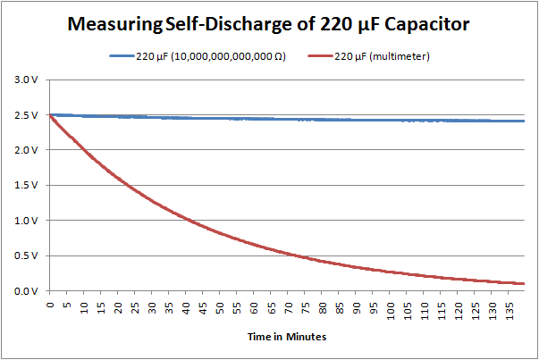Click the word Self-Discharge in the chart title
[x=223, y=26]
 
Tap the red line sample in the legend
[x=319, y=56]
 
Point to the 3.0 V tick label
[x=27, y=80]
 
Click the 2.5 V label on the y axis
[x=27, y=115]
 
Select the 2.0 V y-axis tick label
[x=27, y=150]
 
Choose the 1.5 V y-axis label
[x=27, y=186]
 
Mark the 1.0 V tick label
[x=27, y=221]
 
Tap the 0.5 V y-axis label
[x=27, y=255]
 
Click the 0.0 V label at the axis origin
[x=27, y=291]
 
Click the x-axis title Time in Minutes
[x=286, y=338]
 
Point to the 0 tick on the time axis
[x=52, y=305]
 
